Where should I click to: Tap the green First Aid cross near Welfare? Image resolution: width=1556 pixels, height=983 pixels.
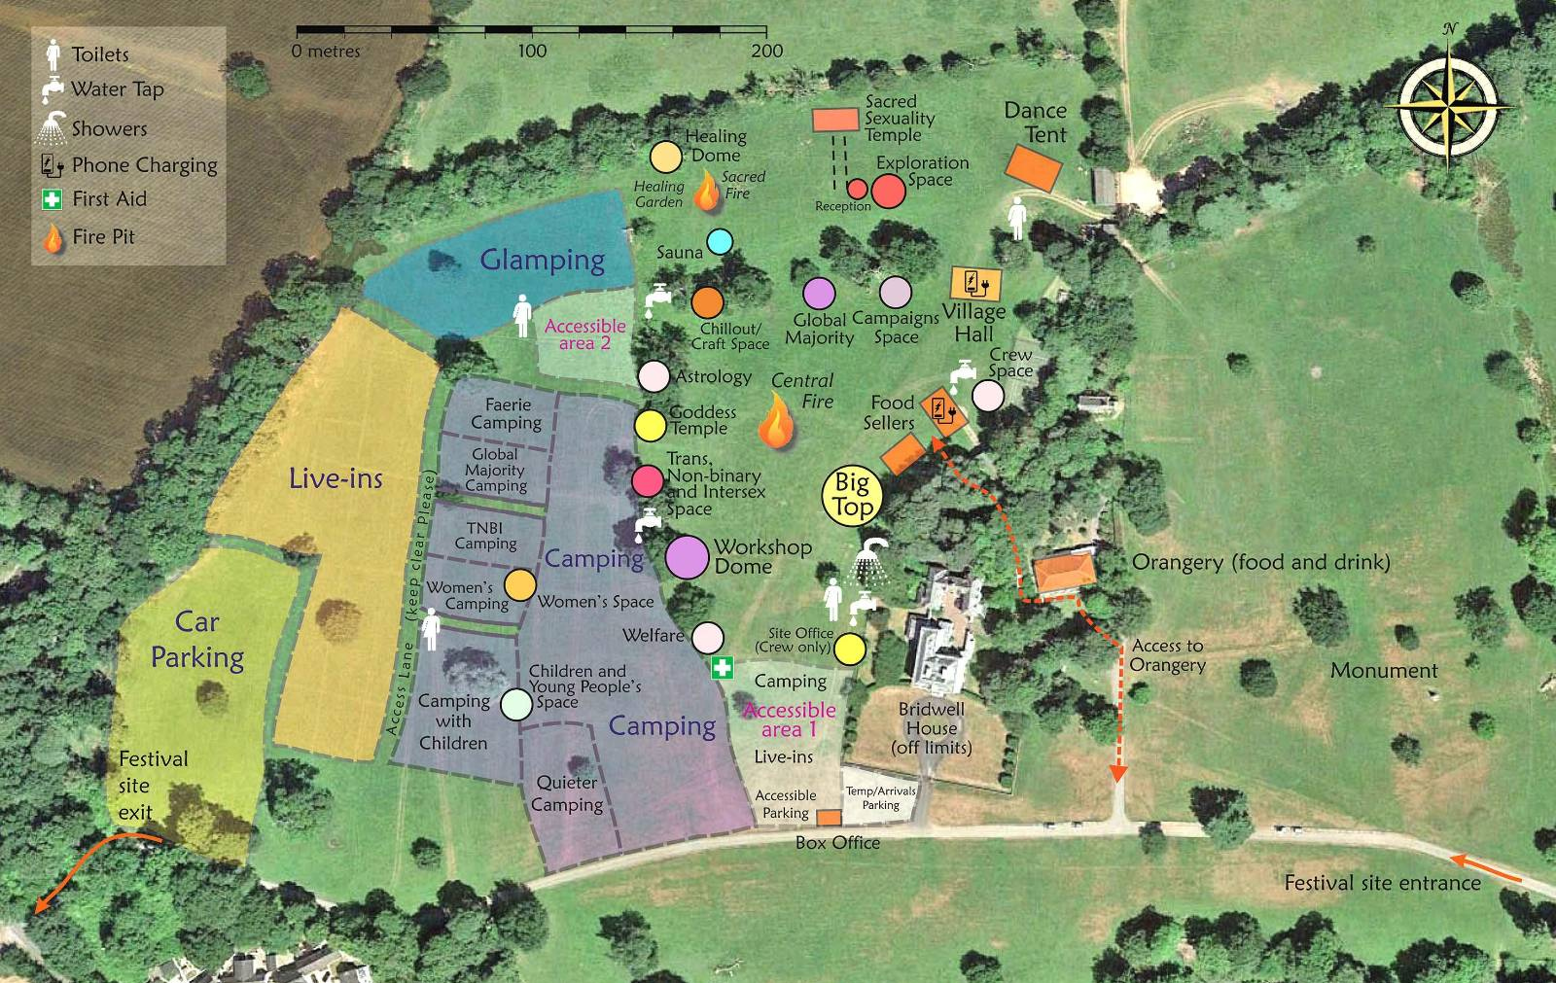[x=722, y=668]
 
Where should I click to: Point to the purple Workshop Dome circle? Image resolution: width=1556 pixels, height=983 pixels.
[x=688, y=557]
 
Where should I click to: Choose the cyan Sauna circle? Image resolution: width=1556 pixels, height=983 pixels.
[x=719, y=242]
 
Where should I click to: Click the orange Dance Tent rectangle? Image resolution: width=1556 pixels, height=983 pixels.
[x=1033, y=167]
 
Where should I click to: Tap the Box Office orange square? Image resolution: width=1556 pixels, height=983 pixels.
[x=829, y=818]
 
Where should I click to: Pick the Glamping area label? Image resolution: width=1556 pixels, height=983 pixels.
[x=543, y=261]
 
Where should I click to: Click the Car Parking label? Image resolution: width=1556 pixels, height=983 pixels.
[x=197, y=640]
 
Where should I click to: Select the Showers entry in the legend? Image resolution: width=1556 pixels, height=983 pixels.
[x=109, y=128]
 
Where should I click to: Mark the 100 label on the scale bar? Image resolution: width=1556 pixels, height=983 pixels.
[x=531, y=52]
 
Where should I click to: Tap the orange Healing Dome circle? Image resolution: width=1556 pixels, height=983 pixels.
[x=666, y=157]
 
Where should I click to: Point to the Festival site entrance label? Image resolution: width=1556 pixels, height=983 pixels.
[x=1382, y=883]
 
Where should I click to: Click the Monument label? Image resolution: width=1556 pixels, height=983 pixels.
[x=1384, y=671]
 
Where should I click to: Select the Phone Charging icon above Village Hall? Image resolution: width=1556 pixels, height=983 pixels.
[x=975, y=284]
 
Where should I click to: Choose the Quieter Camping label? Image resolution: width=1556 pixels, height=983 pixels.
[x=567, y=793]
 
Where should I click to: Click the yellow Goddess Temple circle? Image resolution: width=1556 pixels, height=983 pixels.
[x=651, y=425]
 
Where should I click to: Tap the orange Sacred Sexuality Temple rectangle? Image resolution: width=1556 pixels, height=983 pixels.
[x=835, y=120]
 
